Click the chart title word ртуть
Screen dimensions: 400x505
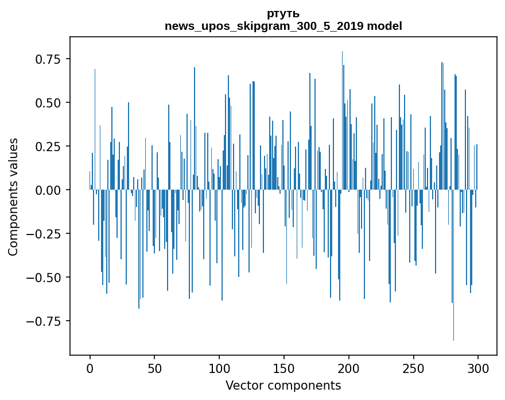coord(283,14)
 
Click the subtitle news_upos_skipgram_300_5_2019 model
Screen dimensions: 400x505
coord(283,26)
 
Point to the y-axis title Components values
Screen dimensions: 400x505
coord(13,197)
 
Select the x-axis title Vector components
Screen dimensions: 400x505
coord(283,386)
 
